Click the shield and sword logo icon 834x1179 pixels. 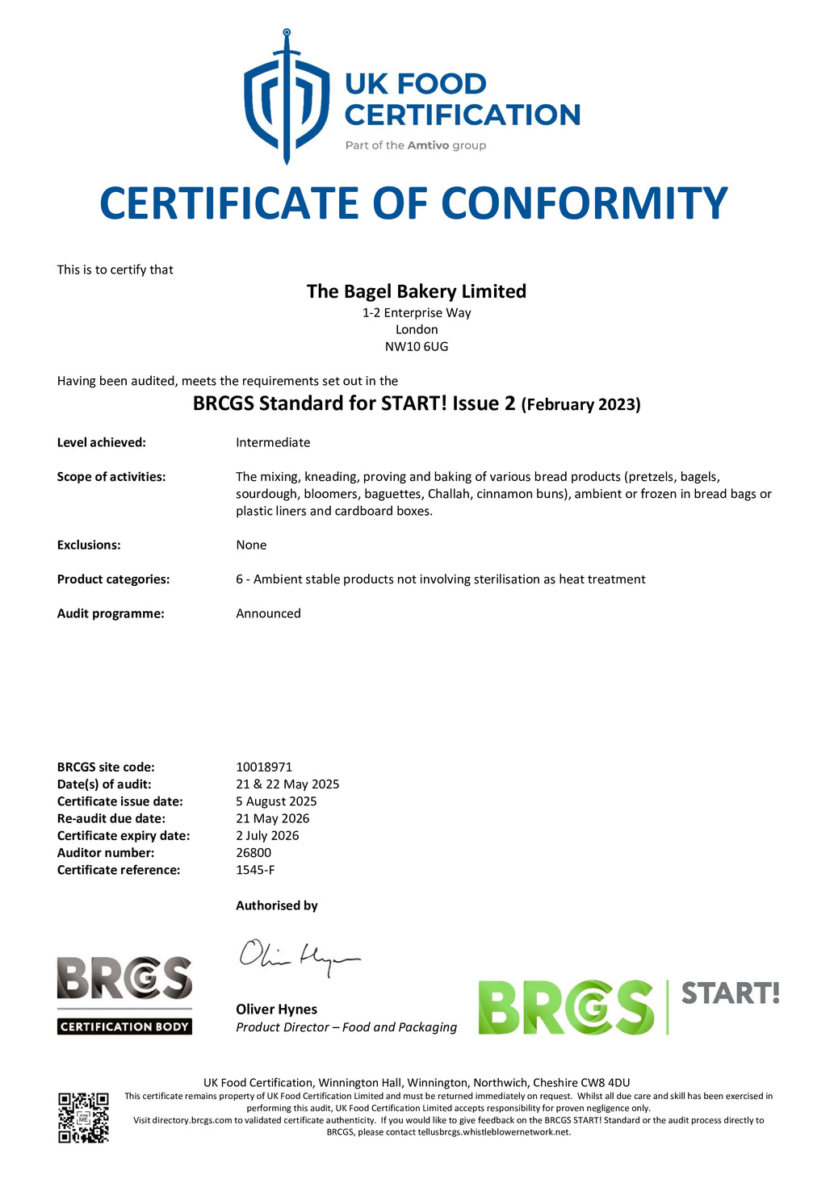pyautogui.click(x=286, y=97)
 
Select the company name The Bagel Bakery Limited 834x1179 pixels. pyautogui.click(x=416, y=291)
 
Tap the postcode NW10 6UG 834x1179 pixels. pyautogui.click(x=416, y=347)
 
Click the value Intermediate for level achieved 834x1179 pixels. pyautogui.click(x=273, y=443)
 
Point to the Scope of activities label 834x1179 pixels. pyautogui.click(x=111, y=477)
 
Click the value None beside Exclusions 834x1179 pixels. pyautogui.click(x=251, y=546)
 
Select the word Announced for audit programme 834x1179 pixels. pyautogui.click(x=268, y=614)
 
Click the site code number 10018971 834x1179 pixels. pyautogui.click(x=264, y=767)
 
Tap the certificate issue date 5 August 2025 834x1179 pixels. pyautogui.click(x=276, y=801)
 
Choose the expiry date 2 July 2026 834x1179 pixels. pyautogui.click(x=267, y=836)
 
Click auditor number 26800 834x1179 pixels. pyautogui.click(x=254, y=853)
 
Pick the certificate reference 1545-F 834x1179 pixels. pyautogui.click(x=255, y=870)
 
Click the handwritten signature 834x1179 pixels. pyautogui.click(x=299, y=957)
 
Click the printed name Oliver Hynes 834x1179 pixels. pyautogui.click(x=276, y=1010)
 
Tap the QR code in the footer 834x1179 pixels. pyautogui.click(x=83, y=1118)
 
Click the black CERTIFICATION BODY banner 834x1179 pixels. pyautogui.click(x=124, y=1027)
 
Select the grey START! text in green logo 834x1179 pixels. pyautogui.click(x=730, y=993)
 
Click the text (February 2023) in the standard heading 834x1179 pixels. pyautogui.click(x=580, y=405)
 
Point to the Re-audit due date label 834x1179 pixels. pyautogui.click(x=111, y=819)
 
